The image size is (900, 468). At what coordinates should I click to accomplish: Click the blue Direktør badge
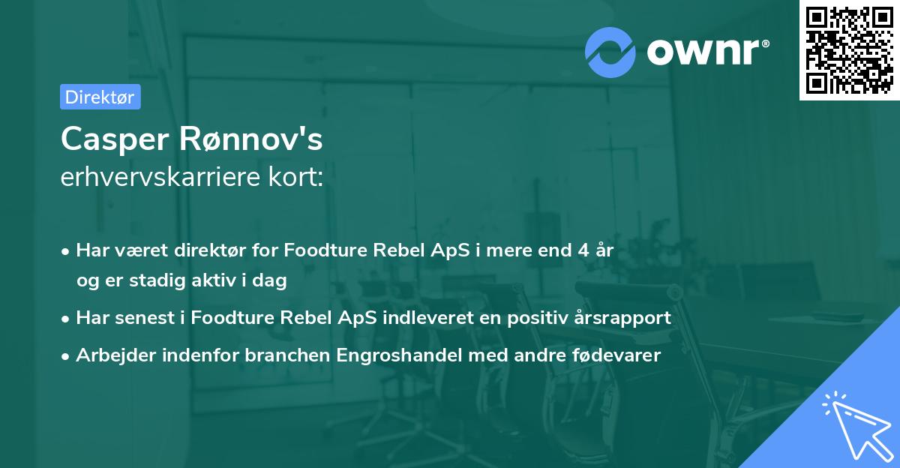(x=100, y=97)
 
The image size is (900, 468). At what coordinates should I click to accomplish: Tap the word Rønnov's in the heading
(x=250, y=139)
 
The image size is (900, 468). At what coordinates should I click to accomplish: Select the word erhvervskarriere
(x=160, y=177)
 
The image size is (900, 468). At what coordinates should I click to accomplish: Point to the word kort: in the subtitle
(x=295, y=177)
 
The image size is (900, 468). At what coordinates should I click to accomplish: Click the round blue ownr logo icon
(x=610, y=52)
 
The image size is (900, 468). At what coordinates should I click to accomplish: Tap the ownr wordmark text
(x=707, y=52)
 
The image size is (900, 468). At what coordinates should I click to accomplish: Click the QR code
(x=849, y=50)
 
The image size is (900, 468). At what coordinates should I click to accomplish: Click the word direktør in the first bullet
(x=210, y=250)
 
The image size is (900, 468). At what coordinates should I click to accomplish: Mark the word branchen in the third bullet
(x=287, y=355)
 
